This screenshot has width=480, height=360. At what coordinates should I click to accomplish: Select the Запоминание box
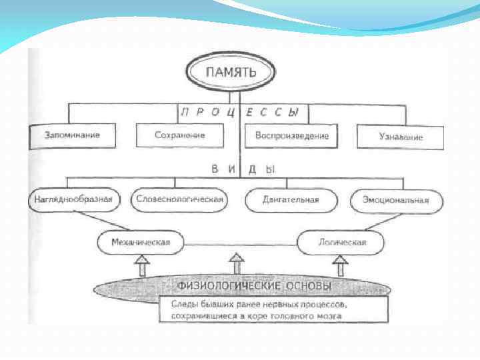click(x=73, y=135)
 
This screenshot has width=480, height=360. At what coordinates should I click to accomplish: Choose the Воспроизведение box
click(x=291, y=135)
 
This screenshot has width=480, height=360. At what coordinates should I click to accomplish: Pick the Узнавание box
click(x=399, y=137)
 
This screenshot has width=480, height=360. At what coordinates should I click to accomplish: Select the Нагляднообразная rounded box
click(x=75, y=199)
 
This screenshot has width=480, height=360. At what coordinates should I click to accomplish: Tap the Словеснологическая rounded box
click(x=179, y=199)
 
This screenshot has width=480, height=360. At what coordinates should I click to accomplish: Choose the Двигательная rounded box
click(x=291, y=200)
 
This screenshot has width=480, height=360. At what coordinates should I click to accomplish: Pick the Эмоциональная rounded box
click(x=395, y=200)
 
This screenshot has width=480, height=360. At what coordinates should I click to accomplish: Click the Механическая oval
click(x=141, y=242)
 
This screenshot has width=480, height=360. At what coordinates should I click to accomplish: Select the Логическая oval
click(x=341, y=243)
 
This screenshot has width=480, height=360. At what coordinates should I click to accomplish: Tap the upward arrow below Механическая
click(x=141, y=266)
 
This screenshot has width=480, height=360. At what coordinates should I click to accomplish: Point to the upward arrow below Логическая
click(x=340, y=266)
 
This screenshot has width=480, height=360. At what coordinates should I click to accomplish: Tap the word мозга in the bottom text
click(x=329, y=316)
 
